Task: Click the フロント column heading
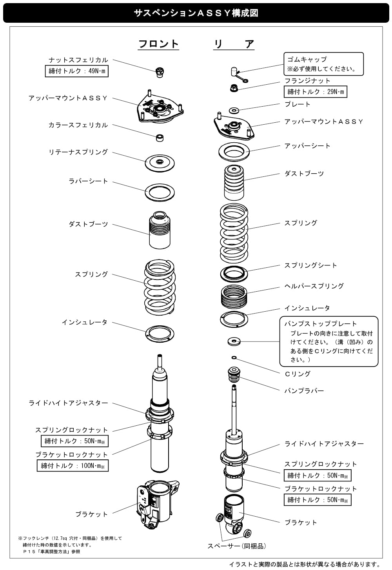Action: click(x=158, y=44)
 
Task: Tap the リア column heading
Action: click(x=234, y=44)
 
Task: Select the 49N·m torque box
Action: click(x=76, y=71)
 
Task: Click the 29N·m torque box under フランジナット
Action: click(x=315, y=92)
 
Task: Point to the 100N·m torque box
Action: click(x=73, y=465)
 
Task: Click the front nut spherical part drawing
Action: click(x=160, y=72)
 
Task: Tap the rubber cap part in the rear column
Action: click(x=239, y=74)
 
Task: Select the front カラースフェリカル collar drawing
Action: click(x=160, y=138)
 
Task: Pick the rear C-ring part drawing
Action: click(x=234, y=358)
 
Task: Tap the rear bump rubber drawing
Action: click(x=234, y=374)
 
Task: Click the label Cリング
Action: click(x=298, y=374)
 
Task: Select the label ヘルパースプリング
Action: click(x=314, y=286)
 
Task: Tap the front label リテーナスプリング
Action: click(x=78, y=152)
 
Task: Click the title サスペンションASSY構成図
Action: click(x=196, y=13)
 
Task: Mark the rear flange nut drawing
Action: click(x=234, y=88)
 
